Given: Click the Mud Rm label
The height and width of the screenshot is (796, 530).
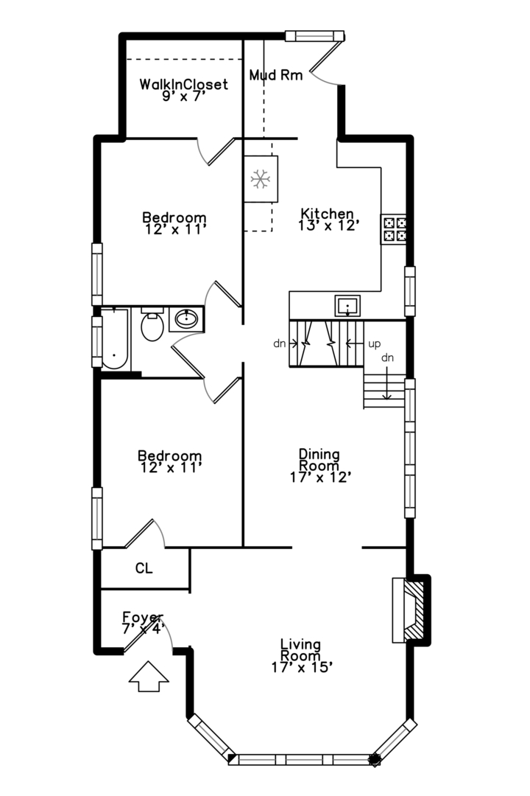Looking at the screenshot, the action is [x=276, y=75].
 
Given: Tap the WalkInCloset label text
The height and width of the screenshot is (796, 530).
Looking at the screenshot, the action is [x=183, y=84].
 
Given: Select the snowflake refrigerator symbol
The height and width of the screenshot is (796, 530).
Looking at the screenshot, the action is [x=261, y=179].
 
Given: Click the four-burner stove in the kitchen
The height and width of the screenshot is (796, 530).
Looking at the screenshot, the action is [x=394, y=229].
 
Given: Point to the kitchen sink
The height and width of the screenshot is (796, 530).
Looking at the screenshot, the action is [x=347, y=306].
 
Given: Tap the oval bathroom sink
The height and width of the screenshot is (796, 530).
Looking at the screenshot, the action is [x=187, y=319].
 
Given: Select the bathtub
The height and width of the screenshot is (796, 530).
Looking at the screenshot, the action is [x=115, y=338].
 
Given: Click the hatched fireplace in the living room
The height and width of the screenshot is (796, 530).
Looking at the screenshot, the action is [x=411, y=610].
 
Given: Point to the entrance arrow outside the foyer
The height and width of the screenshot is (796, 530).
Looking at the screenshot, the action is [x=149, y=676].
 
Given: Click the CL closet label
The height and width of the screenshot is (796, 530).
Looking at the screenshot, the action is [x=144, y=568].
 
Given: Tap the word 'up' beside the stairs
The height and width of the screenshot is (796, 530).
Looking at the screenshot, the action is [x=374, y=345].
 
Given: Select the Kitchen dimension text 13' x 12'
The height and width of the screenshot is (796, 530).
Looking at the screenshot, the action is [x=328, y=226].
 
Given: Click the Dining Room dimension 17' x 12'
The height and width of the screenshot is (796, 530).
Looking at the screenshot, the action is [x=320, y=477].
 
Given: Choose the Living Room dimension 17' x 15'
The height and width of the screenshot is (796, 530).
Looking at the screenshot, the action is [x=302, y=667].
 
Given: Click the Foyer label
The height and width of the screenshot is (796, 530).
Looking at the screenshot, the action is [x=143, y=618].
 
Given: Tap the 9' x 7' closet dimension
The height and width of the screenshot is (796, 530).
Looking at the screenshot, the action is [x=183, y=96].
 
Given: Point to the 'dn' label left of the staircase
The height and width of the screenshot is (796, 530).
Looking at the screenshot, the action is [x=280, y=343].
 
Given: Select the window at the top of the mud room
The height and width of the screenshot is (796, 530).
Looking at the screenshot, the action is [x=315, y=36].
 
